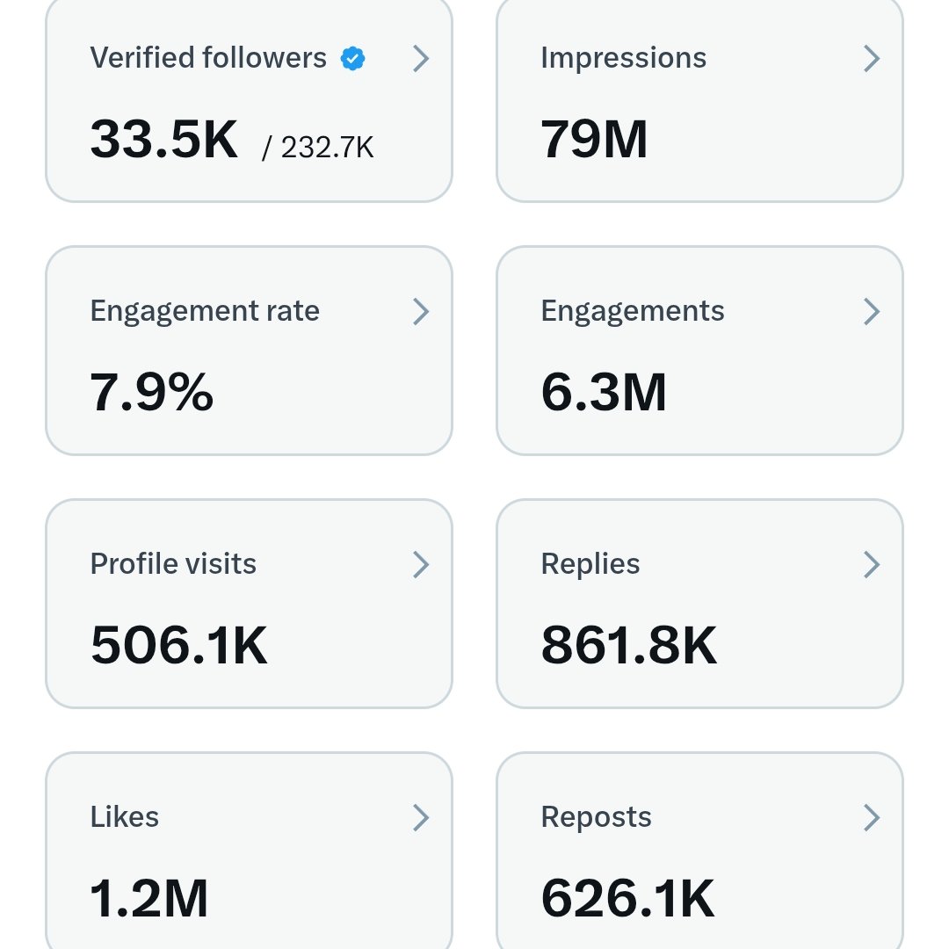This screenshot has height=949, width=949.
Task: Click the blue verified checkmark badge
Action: click(353, 59)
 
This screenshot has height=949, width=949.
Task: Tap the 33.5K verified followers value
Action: click(164, 139)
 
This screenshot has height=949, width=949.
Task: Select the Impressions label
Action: click(623, 58)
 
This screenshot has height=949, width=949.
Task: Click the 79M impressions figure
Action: click(594, 139)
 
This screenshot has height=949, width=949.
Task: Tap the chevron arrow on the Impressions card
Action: click(871, 59)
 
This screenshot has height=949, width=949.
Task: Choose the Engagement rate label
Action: click(205, 311)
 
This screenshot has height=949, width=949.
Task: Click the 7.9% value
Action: click(152, 392)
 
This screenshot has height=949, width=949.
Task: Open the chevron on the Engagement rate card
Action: click(421, 311)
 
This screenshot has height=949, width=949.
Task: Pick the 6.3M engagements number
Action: click(604, 392)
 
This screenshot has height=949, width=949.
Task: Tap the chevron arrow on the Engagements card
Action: click(871, 311)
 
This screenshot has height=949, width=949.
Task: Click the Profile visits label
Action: click(173, 564)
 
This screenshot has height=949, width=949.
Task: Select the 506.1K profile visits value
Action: click(179, 645)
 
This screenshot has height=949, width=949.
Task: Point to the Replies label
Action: click(590, 564)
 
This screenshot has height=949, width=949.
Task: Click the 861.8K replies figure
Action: click(629, 645)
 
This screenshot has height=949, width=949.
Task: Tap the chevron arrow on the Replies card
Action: click(871, 564)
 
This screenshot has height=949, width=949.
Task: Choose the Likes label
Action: click(125, 817)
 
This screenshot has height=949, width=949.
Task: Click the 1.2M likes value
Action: click(149, 898)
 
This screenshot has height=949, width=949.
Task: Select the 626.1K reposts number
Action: click(627, 898)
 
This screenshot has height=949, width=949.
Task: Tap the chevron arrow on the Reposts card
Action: click(871, 817)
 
